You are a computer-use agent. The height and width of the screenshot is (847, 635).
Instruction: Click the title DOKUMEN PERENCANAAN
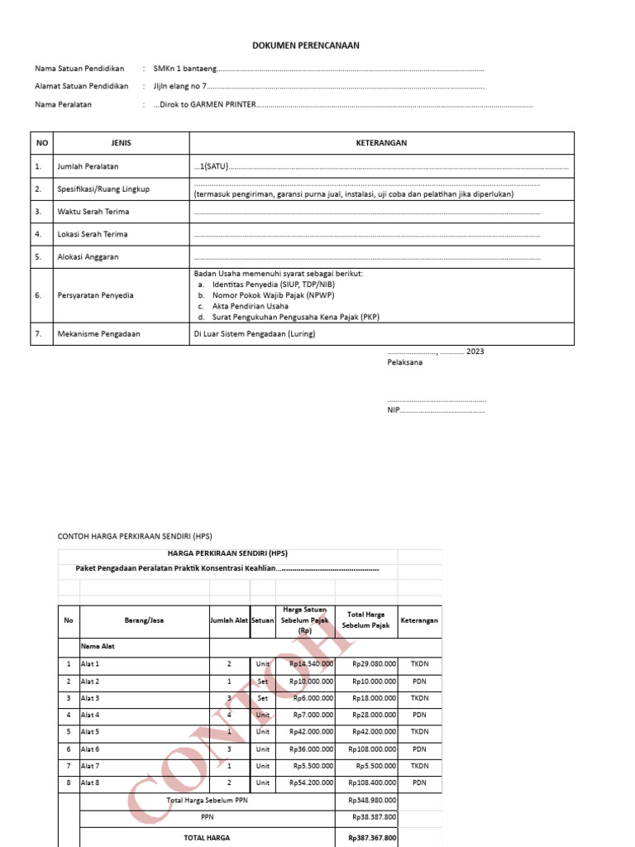306,45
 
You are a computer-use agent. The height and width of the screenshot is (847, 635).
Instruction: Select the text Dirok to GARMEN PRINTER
208,105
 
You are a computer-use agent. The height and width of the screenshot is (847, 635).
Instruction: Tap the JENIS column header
122,143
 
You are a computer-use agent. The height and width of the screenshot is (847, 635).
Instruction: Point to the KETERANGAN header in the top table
381,143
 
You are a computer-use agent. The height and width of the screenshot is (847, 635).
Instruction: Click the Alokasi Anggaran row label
88,256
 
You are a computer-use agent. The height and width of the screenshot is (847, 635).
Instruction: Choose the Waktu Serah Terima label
93,212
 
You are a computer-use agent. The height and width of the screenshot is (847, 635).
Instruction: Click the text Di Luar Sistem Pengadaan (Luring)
255,334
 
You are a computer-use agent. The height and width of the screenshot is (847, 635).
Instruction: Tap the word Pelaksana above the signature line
404,362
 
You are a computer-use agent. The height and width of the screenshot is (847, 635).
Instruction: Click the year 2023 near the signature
475,352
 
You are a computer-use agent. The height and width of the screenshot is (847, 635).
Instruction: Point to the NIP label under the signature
394,409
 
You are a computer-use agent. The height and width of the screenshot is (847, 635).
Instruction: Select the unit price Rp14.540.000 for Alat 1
312,663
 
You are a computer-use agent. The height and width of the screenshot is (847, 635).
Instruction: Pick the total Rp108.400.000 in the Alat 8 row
374,782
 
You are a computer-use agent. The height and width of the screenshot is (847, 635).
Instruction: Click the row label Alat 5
90,732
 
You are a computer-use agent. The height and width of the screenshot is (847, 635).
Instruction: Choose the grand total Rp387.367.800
372,837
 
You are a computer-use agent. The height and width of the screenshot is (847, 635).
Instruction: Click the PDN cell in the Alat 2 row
419,681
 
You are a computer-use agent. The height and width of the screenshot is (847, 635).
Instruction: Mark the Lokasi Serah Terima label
92,234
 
